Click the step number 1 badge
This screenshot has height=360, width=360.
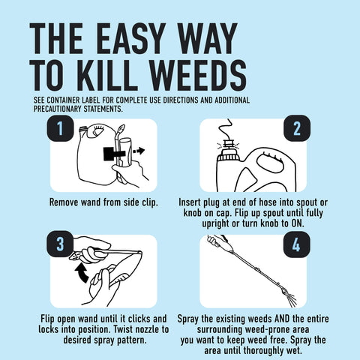coord(60,128)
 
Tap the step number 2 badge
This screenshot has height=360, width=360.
coord(297,128)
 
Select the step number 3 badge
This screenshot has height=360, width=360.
coord(60,244)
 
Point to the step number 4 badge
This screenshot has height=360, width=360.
coord(297,244)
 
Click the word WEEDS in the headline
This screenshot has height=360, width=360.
coord(199,75)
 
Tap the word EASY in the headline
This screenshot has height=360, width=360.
coord(131,38)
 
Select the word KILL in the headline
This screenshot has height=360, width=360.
coord(107,75)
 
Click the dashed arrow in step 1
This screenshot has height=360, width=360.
coord(138,151)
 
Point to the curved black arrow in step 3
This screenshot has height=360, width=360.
coord(82,273)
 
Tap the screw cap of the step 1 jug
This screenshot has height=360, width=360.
coord(82,130)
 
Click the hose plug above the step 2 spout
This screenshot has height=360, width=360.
coord(228,144)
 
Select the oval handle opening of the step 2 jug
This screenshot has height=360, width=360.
coord(271,163)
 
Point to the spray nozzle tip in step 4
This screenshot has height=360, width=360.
coord(284,291)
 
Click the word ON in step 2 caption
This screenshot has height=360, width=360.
coord(296,223)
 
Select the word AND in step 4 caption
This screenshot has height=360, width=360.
coord(282,319)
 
